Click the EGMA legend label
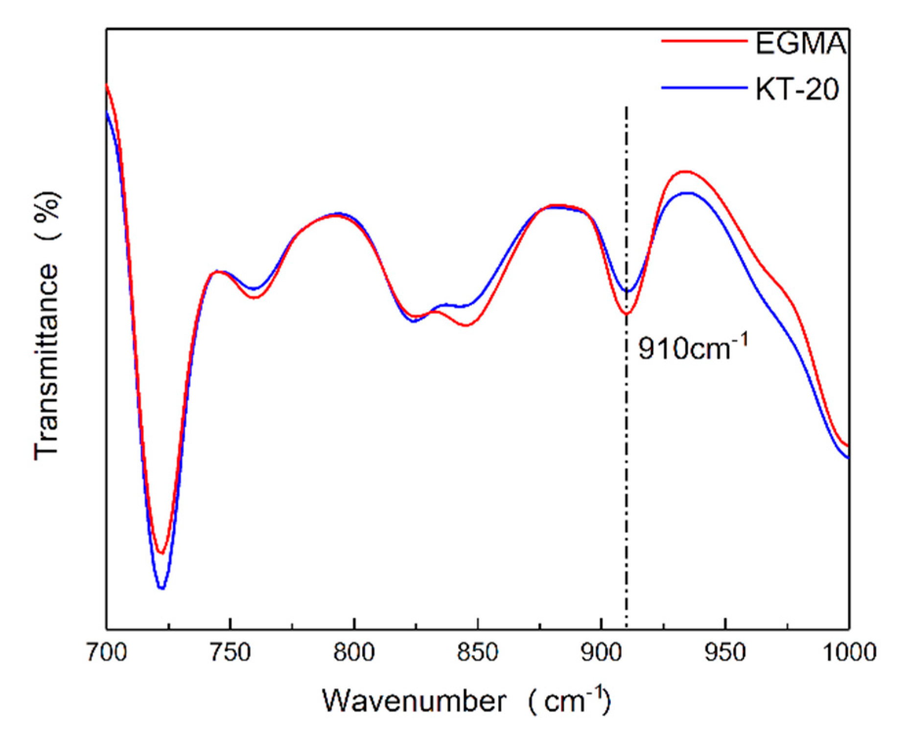(800, 43)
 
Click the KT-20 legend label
(797, 89)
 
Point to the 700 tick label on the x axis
(107, 652)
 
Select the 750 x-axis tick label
(231, 652)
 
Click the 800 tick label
(354, 652)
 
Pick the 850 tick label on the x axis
(478, 652)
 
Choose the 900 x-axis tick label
(602, 652)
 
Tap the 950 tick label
(725, 652)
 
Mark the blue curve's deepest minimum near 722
(162, 588)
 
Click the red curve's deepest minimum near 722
(161, 553)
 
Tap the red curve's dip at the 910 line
(627, 314)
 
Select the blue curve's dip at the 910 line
(628, 291)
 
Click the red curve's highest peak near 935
(686, 171)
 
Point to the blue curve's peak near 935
(688, 193)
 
